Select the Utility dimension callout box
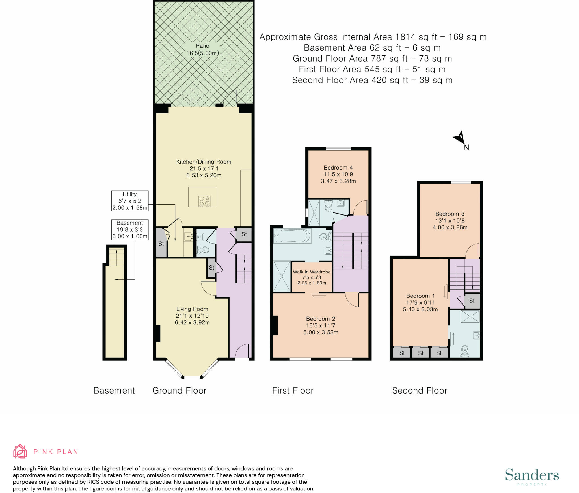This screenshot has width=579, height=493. (130, 201)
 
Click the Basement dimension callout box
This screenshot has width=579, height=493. (130, 229)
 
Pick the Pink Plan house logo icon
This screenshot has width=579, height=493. (20, 451)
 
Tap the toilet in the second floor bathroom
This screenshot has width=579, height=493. (465, 351)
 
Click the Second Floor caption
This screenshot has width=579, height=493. (420, 390)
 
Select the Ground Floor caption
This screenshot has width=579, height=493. (180, 390)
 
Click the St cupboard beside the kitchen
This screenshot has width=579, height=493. (244, 234)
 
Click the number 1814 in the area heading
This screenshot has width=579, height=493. (405, 37)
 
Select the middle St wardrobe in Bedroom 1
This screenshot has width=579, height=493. (420, 353)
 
